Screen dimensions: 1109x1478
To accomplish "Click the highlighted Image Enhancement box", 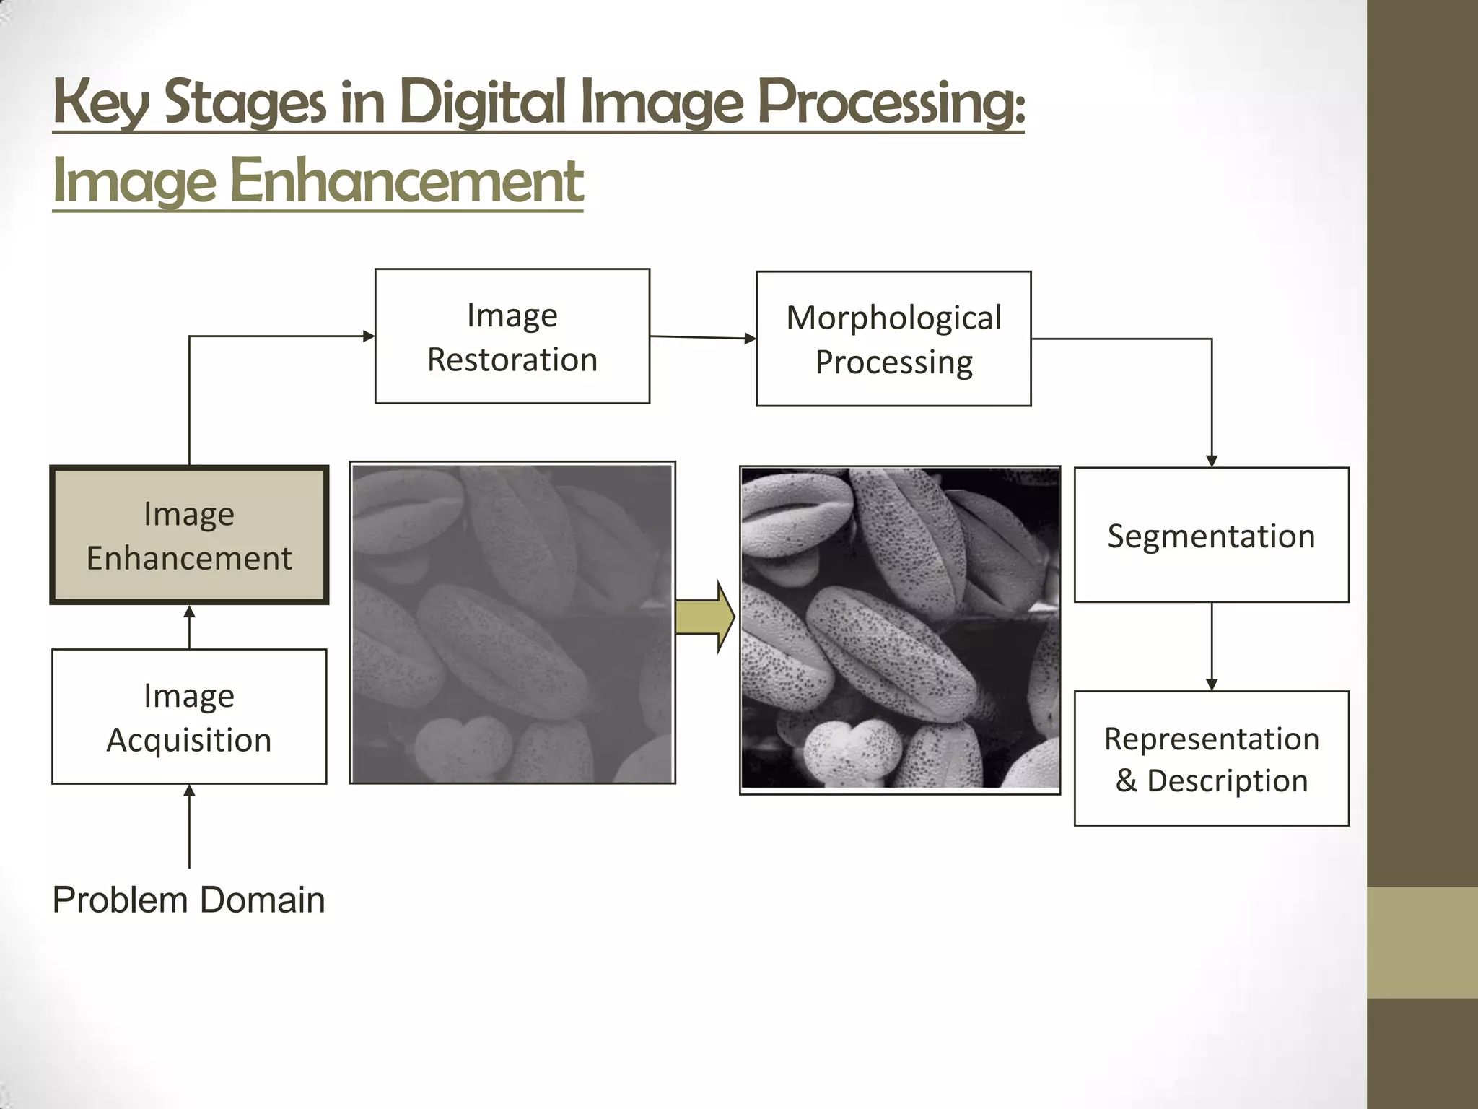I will coord(189,535).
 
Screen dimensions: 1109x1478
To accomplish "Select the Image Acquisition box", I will coord(189,716).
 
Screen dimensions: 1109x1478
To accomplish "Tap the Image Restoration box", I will coord(512,336).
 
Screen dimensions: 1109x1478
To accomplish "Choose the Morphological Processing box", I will coord(893,339).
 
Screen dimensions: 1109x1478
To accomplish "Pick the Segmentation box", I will coord(1211,535).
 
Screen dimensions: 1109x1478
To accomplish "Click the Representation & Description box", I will coord(1211,758).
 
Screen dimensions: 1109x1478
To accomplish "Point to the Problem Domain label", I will coord(189,900).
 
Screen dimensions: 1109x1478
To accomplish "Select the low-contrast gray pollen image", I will coord(512,622).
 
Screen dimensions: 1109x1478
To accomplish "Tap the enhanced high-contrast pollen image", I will coord(900,629).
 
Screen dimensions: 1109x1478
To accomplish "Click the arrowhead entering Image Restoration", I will coord(368,336).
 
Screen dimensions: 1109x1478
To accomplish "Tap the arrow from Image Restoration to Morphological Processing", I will coord(703,337).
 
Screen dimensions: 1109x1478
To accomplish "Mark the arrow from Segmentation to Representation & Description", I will coord(1212,646).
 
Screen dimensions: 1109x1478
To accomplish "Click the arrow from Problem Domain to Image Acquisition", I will coord(189,826).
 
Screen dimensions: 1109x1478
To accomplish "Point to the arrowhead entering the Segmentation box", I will coord(1212,461).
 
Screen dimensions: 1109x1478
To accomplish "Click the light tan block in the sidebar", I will coord(1422,942).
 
